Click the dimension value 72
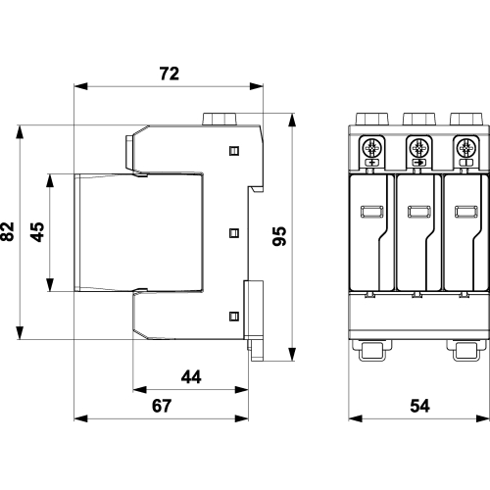click(170, 73)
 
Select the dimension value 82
click(8, 231)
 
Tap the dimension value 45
click(37, 232)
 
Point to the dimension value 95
click(279, 236)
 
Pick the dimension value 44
click(191, 377)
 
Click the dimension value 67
click(162, 406)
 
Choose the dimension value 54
click(419, 406)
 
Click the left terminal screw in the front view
click(371, 149)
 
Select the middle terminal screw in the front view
click(418, 149)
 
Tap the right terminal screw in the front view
click(465, 149)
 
